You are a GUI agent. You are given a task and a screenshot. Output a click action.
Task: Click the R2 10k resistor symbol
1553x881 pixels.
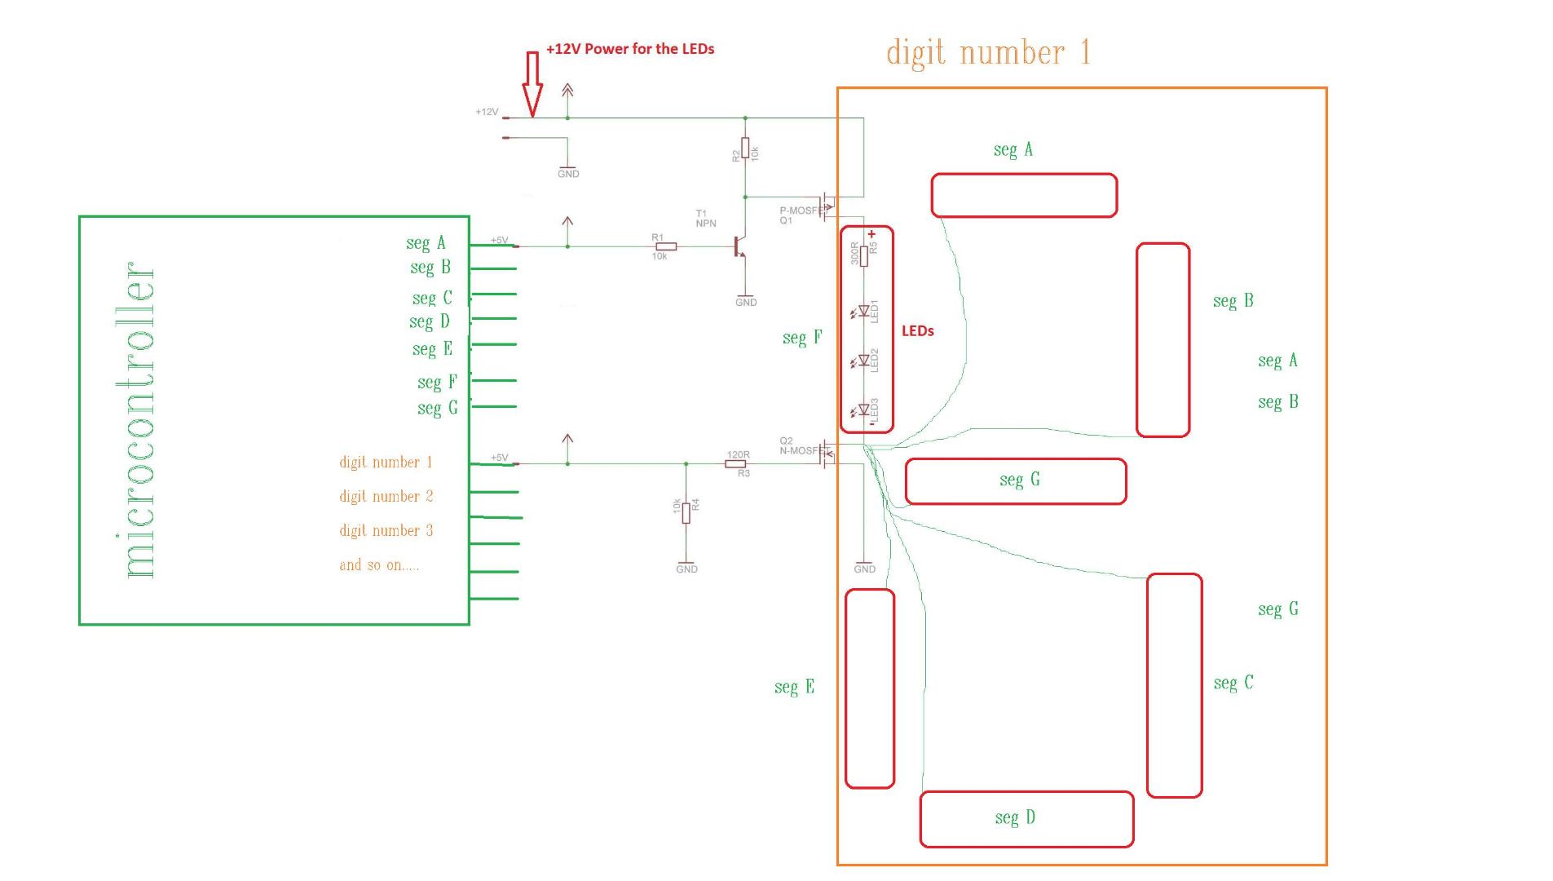(x=744, y=148)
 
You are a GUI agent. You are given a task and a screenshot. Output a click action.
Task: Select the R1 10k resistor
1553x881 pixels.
(x=666, y=246)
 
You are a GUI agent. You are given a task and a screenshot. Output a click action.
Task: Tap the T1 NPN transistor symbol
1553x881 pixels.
(x=739, y=246)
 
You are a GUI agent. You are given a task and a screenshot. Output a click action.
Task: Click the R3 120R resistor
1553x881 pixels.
(x=735, y=463)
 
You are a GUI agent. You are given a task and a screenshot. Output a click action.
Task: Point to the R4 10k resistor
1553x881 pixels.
(x=686, y=512)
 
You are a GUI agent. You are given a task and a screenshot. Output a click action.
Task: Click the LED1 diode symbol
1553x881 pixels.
(x=863, y=311)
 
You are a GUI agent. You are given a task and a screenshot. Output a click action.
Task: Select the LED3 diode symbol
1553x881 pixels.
(x=863, y=410)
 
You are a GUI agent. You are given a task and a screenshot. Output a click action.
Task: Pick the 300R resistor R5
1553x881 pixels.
(x=863, y=256)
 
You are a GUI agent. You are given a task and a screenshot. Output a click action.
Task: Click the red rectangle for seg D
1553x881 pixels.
(x=1026, y=819)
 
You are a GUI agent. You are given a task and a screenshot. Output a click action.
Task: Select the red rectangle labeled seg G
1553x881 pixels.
(x=1015, y=481)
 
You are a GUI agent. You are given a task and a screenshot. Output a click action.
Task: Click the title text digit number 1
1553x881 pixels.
(x=987, y=53)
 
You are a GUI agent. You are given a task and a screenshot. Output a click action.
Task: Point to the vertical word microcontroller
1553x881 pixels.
(x=139, y=420)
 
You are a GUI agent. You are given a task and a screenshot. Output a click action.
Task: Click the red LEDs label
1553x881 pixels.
(x=917, y=331)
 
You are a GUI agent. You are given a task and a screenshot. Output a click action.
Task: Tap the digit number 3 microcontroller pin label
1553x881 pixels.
(x=386, y=530)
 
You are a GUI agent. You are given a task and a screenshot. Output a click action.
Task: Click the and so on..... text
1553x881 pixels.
(x=379, y=564)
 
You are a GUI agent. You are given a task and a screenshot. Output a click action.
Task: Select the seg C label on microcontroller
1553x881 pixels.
(x=431, y=299)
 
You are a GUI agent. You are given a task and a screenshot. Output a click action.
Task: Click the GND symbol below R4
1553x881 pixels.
(x=686, y=565)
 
